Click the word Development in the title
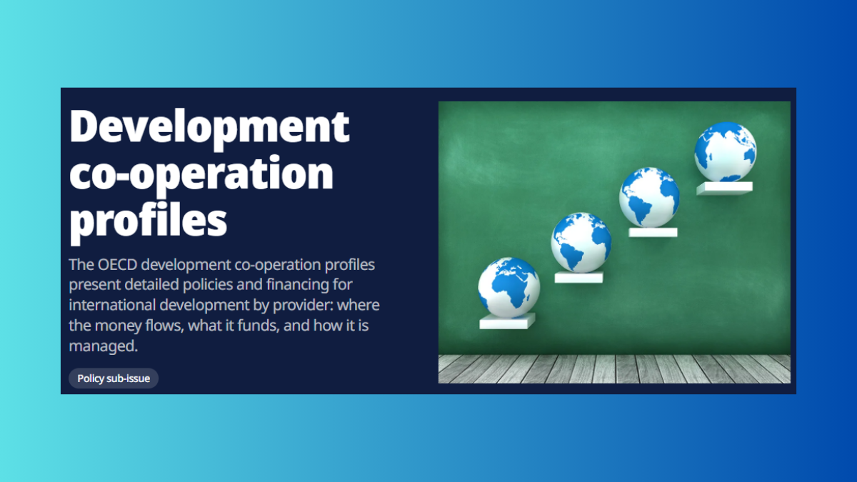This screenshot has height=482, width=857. [209, 127]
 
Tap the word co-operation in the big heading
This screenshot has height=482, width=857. [201, 175]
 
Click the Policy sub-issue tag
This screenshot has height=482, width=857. [114, 378]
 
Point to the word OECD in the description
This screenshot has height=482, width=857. [117, 265]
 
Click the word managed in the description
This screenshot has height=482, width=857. [103, 346]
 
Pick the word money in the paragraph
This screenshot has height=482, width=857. [119, 326]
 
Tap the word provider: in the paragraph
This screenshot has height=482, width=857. [303, 306]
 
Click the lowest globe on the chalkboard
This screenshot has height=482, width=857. [508, 288]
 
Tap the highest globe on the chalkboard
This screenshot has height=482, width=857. [726, 152]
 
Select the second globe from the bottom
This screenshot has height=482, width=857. [581, 243]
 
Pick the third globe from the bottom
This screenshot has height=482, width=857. [649, 197]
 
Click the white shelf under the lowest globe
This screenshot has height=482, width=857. [507, 321]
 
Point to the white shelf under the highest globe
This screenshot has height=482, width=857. [724, 189]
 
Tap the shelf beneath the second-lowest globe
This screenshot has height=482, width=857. [579, 277]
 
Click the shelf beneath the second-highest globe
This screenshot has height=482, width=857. [653, 232]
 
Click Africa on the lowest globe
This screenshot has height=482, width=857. [511, 288]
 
